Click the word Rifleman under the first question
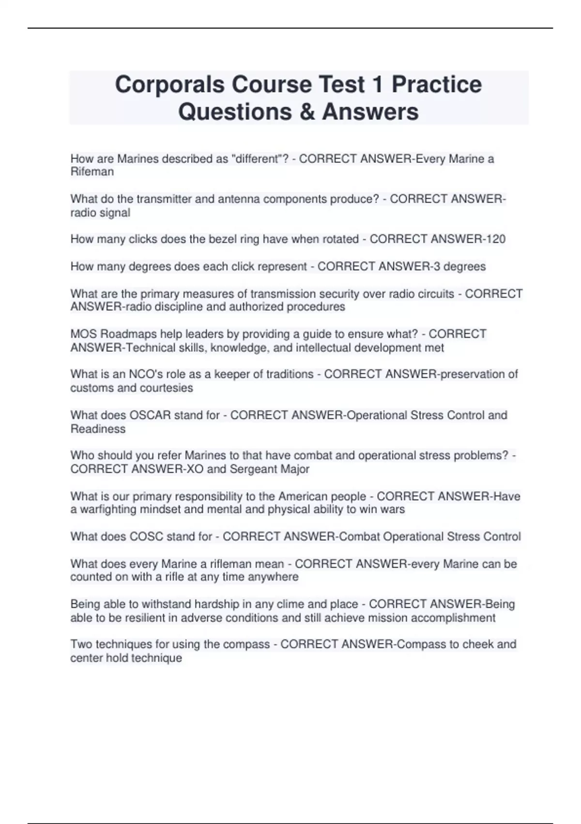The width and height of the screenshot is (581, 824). [92, 172]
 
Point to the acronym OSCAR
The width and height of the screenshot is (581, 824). [150, 415]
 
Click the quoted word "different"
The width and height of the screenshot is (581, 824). [259, 158]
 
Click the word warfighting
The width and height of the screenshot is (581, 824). [109, 509]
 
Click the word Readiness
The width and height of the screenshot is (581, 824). [98, 429]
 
